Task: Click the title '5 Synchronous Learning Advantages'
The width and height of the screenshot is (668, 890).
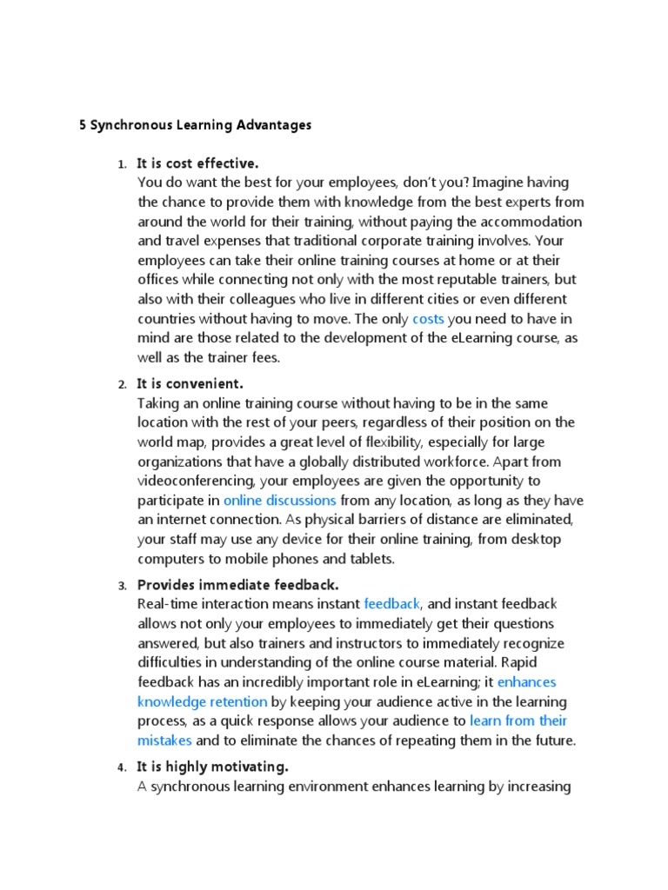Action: [196, 125]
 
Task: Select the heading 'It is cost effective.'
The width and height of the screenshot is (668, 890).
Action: [197, 163]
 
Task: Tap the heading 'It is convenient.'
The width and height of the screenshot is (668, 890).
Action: [190, 383]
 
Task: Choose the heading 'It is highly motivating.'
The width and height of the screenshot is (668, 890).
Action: [212, 767]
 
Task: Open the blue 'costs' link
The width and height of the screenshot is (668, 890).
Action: [428, 319]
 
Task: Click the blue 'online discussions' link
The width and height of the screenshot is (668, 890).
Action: [279, 501]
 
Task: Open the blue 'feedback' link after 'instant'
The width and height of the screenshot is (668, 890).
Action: [392, 603]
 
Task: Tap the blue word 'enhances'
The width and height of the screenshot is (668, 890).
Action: [526, 682]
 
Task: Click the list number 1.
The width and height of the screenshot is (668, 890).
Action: [122, 164]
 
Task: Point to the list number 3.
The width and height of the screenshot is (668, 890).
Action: [122, 585]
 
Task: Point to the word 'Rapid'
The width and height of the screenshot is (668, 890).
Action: [544, 662]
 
